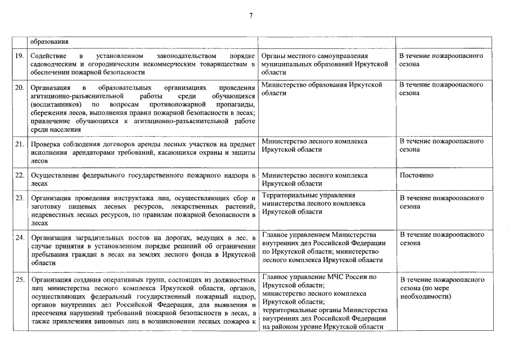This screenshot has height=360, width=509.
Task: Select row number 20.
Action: point(19,88)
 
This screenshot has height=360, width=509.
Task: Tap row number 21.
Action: point(19,144)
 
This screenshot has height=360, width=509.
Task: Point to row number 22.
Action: point(19,176)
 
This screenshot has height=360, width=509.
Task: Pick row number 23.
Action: point(19,199)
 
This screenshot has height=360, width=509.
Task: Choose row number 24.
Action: point(19,236)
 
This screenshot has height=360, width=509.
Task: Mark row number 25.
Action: point(19,280)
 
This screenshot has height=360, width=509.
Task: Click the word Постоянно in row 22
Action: point(416,175)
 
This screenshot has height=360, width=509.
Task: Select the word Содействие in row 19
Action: point(49,57)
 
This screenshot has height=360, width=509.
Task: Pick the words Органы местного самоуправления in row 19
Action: point(315,56)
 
